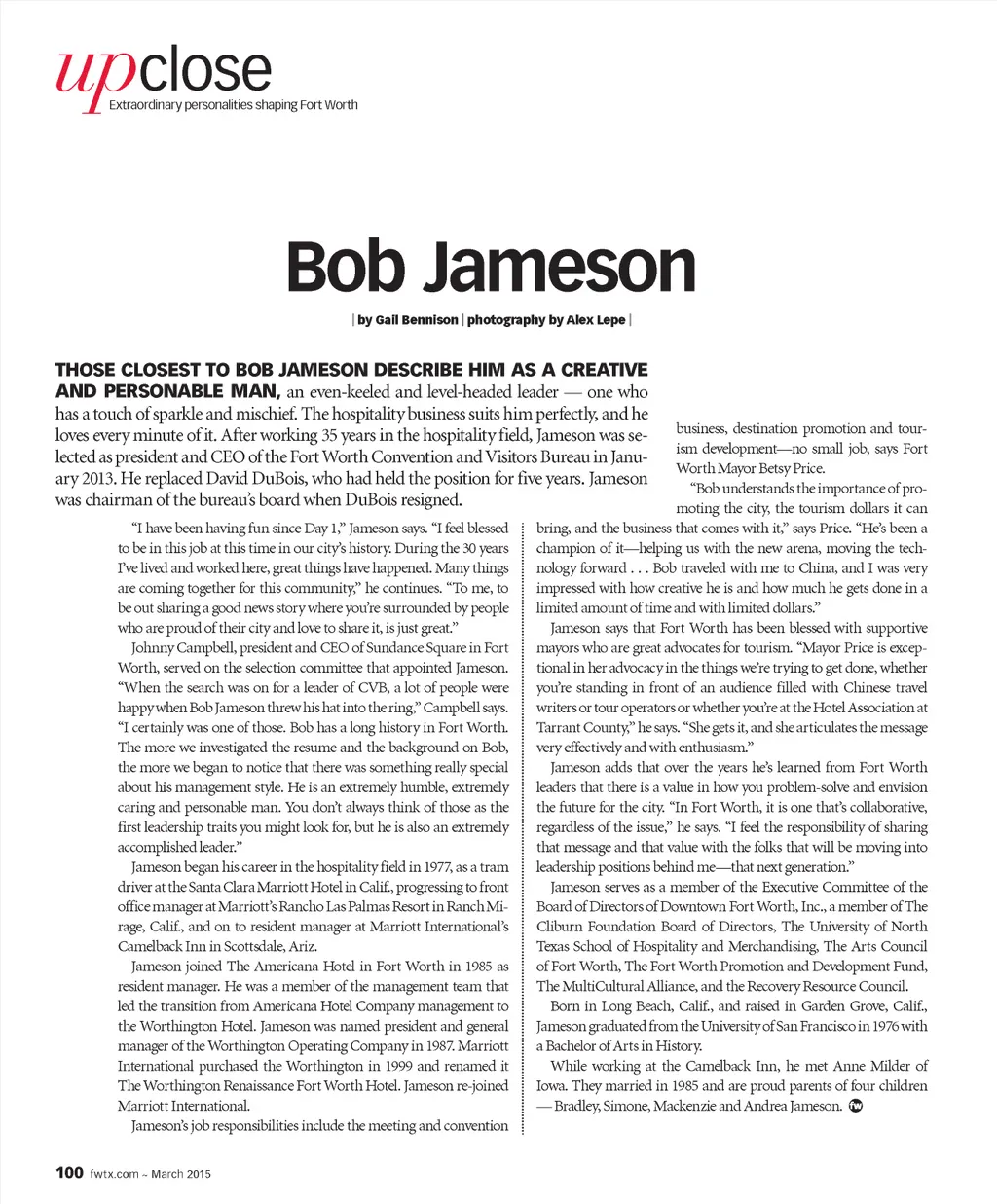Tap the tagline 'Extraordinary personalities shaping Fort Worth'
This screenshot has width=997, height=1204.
tap(233, 105)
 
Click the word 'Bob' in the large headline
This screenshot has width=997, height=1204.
tap(345, 267)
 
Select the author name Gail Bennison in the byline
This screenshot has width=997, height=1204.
tap(414, 320)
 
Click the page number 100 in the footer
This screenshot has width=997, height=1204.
tap(69, 1173)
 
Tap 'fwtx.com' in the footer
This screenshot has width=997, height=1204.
tap(115, 1174)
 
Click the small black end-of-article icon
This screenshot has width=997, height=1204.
tap(857, 1106)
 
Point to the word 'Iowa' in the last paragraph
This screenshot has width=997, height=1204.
tap(552, 1086)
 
